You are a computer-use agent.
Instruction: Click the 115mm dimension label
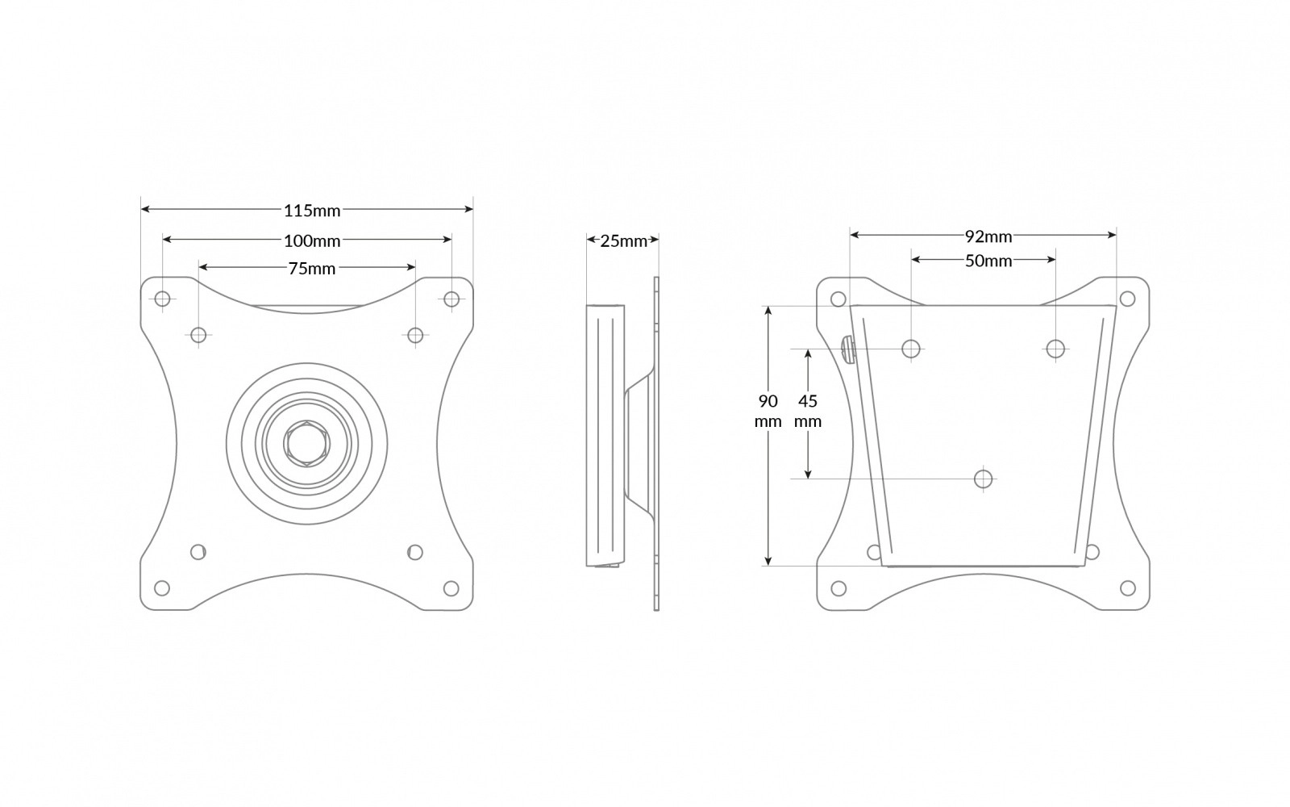coord(312,211)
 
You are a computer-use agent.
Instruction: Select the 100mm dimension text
coord(312,240)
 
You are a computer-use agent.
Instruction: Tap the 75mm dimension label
coord(312,269)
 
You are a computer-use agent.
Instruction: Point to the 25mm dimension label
coord(623,240)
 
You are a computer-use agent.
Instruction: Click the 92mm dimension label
coord(988,236)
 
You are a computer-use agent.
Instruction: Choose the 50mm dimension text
coord(988,261)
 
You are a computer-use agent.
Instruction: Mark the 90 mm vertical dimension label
coord(768,411)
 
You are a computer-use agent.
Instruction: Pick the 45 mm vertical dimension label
coord(807,411)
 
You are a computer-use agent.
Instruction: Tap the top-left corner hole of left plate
coord(162,299)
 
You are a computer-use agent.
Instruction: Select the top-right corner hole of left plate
coord(451,299)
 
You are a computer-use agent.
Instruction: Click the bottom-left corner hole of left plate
coord(162,587)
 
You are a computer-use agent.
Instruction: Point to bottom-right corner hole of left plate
coord(451,587)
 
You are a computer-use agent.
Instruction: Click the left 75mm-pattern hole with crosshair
coord(199,335)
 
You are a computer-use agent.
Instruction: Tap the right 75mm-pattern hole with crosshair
coord(415,335)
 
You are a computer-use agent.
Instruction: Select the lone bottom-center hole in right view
coord(983,479)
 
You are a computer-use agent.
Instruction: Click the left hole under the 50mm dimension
coord(911,349)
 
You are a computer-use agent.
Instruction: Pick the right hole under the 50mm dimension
coord(1055,349)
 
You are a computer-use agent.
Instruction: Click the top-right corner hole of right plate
coord(1128,299)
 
